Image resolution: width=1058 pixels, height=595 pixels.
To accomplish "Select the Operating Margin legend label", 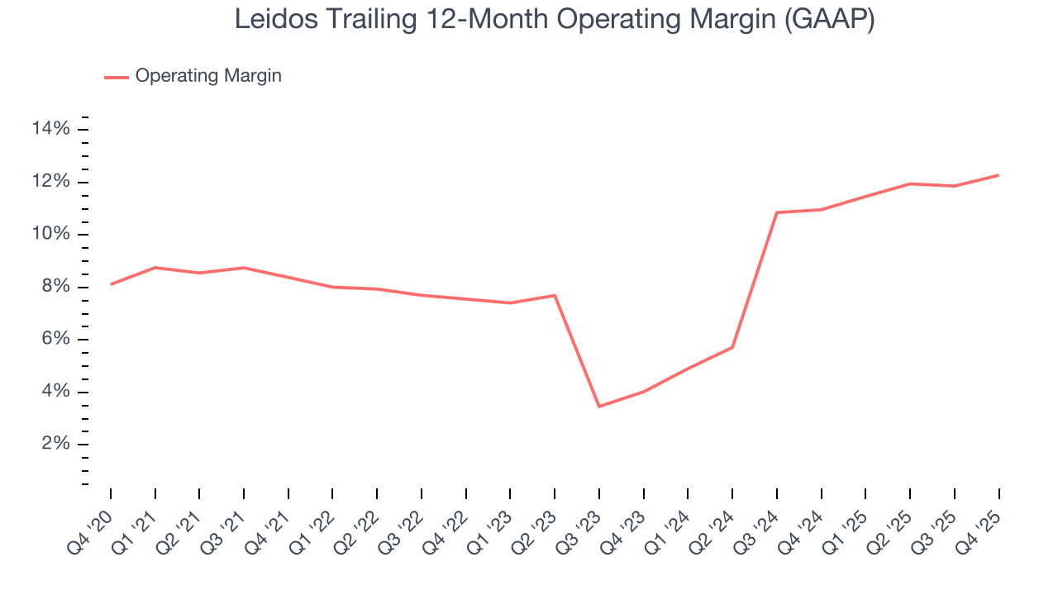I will pos(208,76).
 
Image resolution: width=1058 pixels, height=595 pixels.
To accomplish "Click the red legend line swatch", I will pos(117,77).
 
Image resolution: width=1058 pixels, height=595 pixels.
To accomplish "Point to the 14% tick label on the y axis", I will pos(50,129).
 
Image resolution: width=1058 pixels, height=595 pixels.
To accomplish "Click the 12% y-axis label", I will pos(50,182).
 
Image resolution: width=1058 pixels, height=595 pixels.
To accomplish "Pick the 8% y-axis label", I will pos(55,288).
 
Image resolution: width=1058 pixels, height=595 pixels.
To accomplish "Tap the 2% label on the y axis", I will pos(55,445).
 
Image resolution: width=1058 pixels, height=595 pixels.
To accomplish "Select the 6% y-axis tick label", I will pos(55,340).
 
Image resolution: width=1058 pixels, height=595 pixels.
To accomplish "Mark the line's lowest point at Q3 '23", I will pos(598,407).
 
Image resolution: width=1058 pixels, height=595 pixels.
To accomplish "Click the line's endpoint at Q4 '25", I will pos(998,175).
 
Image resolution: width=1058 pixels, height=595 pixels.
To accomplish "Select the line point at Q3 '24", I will pos(777,212).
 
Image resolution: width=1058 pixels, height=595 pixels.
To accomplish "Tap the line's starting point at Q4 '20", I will pos(111,284).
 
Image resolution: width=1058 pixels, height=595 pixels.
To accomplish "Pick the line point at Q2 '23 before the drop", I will pos(555,295).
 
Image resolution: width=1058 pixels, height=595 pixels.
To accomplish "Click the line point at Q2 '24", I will pos(732,347).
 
